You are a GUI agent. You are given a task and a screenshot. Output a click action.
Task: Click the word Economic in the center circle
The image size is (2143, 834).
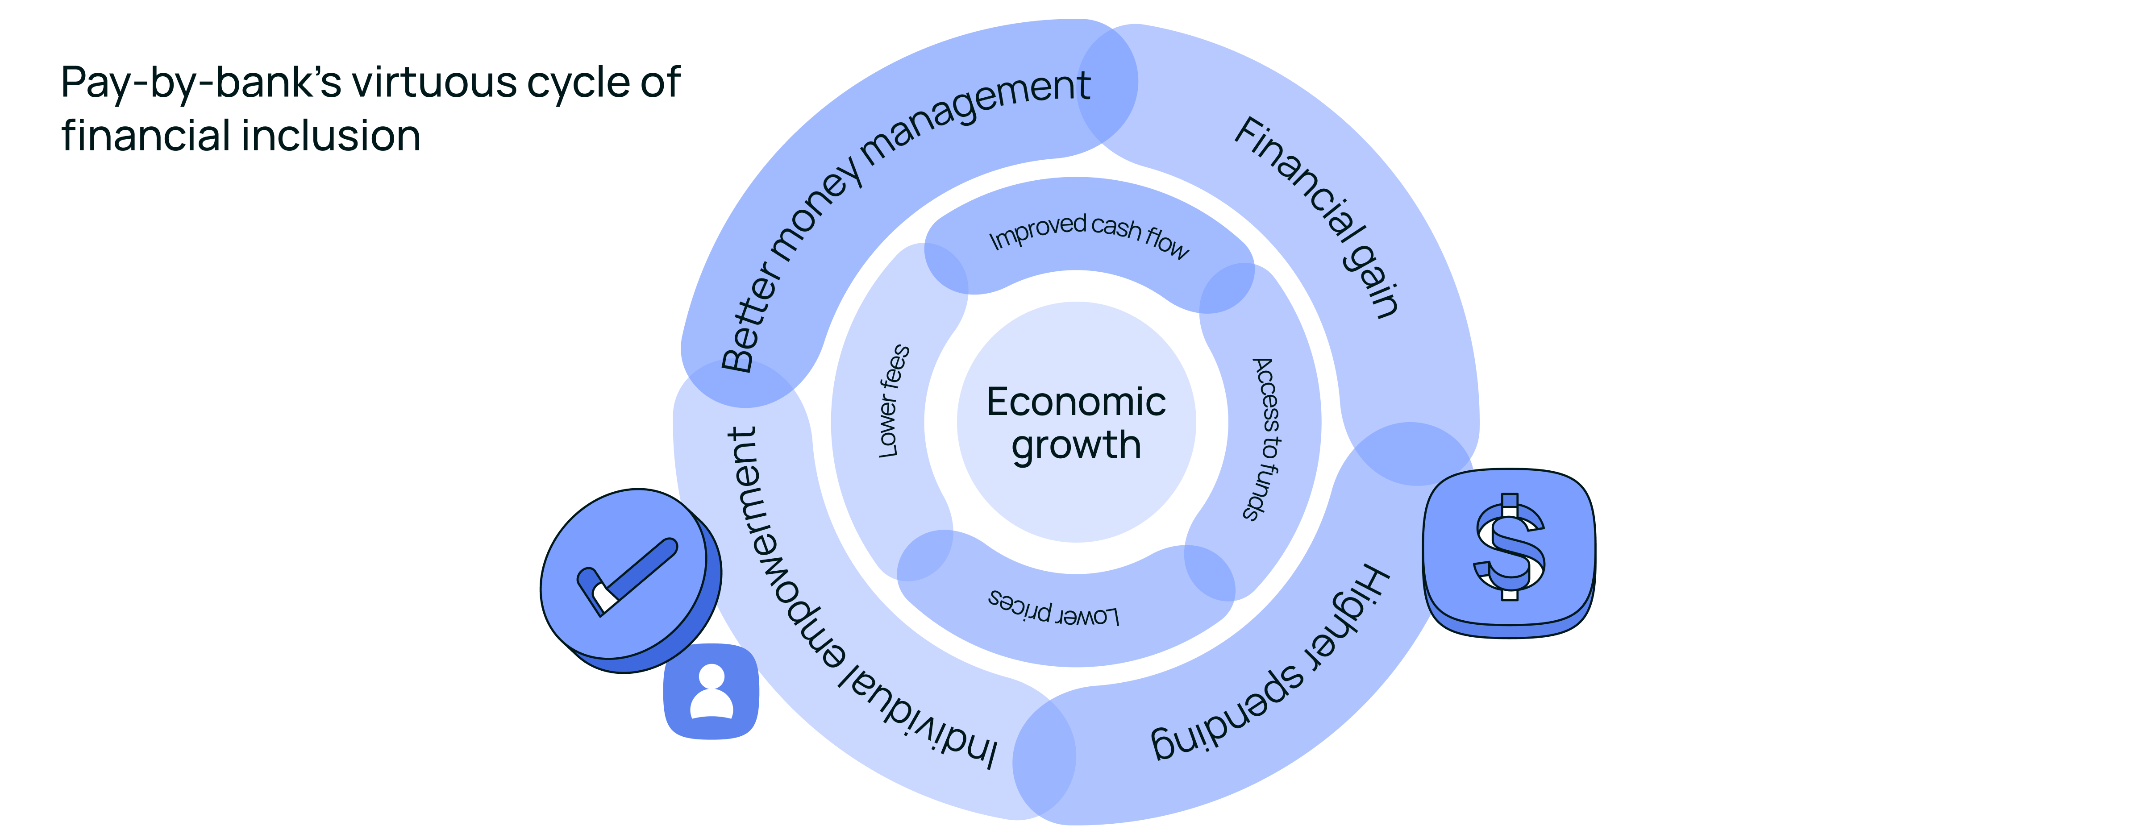1076,402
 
